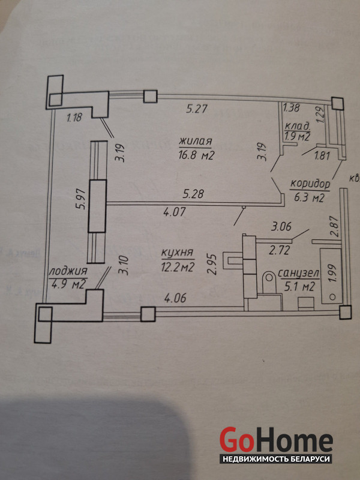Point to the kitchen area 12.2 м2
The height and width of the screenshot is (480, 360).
coord(178,268)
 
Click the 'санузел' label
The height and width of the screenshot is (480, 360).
coord(298,274)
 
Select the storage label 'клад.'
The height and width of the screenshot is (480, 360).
coord(297,126)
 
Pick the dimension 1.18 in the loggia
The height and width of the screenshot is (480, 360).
coord(74,118)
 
